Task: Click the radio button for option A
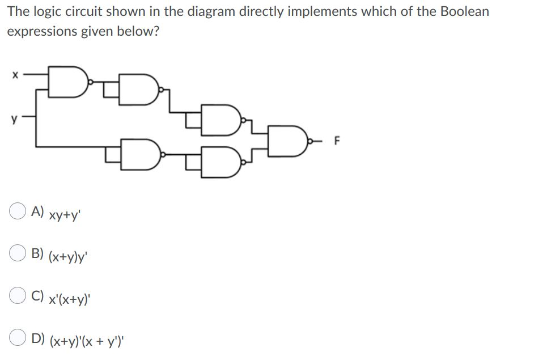click(16, 211)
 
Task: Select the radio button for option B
click(16, 254)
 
